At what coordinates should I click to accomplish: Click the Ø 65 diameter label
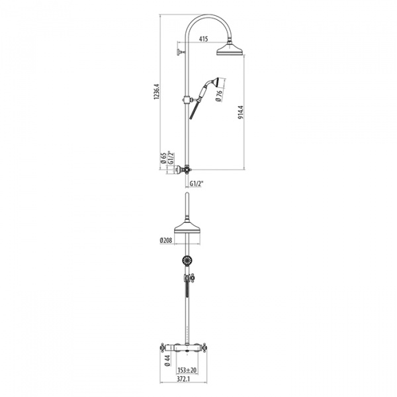[162, 158]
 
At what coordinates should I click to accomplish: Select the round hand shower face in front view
[187, 261]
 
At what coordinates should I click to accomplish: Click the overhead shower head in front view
[188, 226]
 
